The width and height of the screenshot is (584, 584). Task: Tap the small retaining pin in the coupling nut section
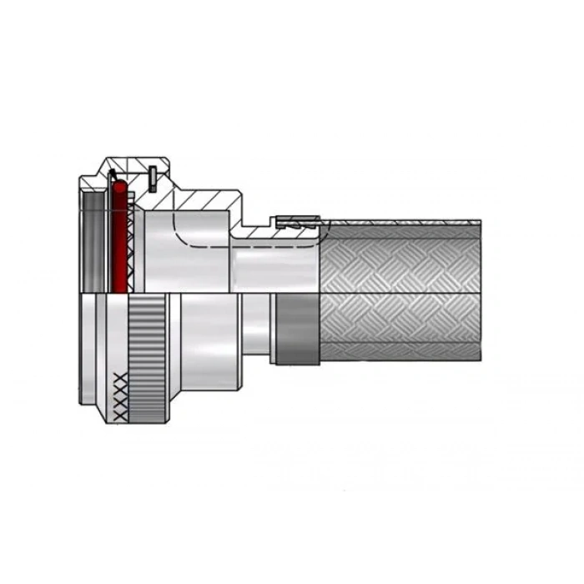coord(153,179)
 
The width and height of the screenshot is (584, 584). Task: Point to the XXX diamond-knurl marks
coord(121,396)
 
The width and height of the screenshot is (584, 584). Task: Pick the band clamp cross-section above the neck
coord(297,222)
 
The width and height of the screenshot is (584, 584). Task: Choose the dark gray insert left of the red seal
coord(93,242)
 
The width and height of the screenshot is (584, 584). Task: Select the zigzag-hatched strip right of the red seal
coord(132,250)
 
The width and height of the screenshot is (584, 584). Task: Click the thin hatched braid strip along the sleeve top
coord(400,224)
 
